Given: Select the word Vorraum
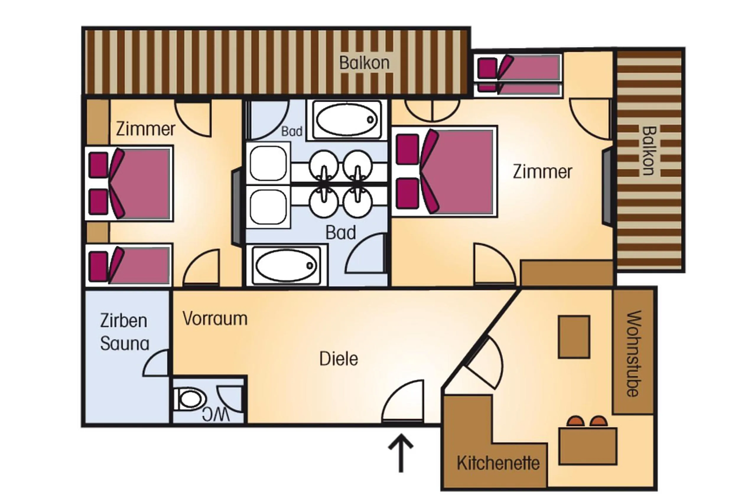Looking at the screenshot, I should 215,318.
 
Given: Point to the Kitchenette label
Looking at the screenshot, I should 498,463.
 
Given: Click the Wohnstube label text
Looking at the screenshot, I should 633,353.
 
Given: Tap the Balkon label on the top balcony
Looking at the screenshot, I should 364,63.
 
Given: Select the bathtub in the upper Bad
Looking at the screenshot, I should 347,120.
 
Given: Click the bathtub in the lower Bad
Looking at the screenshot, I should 286,266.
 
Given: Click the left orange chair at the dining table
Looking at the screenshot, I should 575,421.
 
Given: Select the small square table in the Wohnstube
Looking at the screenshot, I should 573,337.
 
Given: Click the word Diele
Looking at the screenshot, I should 338,359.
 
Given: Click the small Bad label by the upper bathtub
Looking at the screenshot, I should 291,131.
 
